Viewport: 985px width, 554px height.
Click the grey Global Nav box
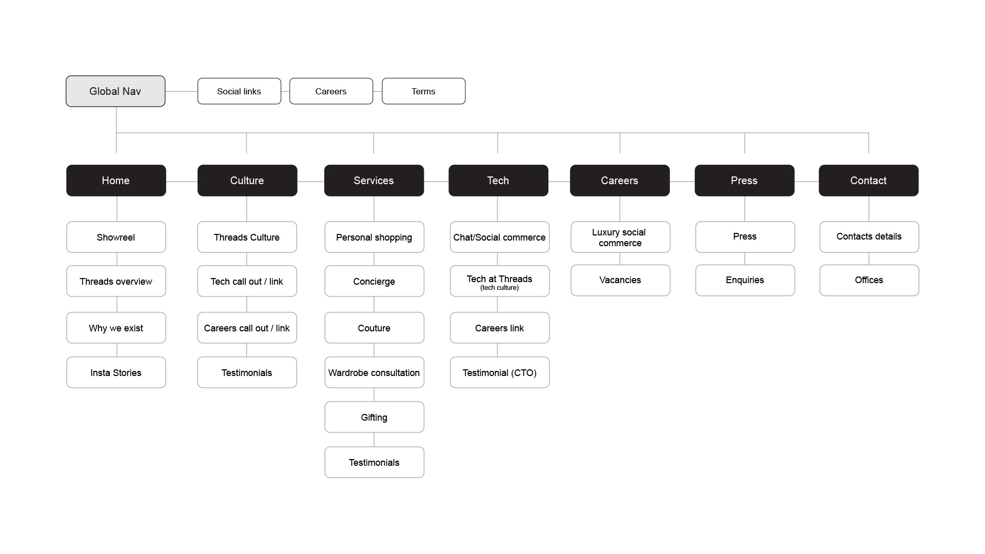115,91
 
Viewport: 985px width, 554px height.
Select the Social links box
239,91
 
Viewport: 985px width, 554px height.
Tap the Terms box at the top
424,91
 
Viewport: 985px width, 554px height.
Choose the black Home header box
116,181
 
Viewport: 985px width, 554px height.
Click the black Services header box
374,181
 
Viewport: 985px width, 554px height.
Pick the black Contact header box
869,181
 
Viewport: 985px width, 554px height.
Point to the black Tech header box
498,181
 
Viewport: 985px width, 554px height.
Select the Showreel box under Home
116,237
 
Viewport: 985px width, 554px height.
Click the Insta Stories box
116,372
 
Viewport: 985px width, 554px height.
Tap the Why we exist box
116,328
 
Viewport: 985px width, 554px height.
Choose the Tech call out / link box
247,281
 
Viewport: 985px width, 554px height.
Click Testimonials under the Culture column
247,372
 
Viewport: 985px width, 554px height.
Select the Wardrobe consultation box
374,372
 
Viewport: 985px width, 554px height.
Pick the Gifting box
374,417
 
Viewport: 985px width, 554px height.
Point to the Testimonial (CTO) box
500,372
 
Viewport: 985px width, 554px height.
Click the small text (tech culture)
500,288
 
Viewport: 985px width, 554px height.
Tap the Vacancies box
620,280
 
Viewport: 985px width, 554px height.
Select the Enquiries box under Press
745,280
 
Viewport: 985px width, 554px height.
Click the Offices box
869,280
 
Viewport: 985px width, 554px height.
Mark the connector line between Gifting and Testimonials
374,440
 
